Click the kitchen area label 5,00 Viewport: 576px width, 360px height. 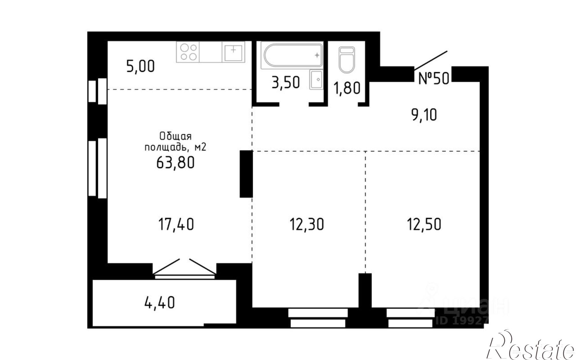coord(141,66)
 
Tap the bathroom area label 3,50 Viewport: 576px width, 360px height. coord(286,82)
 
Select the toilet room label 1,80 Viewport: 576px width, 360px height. coord(347,88)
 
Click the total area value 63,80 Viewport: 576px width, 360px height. coord(175,163)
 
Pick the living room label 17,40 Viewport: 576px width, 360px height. coord(176,224)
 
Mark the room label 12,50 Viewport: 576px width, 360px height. coord(424,224)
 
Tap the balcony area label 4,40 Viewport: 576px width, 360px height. coord(160,303)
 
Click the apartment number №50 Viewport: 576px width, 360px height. coord(433,78)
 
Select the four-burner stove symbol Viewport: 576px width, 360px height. coord(187,52)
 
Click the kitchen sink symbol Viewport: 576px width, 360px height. coord(233,52)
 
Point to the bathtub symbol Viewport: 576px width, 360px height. coord(291,55)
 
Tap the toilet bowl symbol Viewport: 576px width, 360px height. coord(346,60)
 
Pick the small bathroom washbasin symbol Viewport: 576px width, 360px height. coord(316,79)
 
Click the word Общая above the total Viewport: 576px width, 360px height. coord(175,136)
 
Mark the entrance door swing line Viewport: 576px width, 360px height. coord(431,60)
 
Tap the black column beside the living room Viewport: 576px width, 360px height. coord(246,174)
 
